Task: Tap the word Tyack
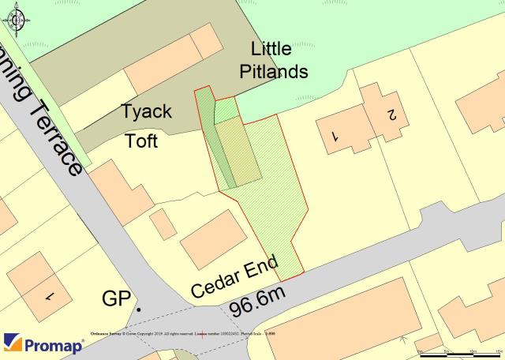[146, 111]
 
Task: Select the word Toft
[142, 141]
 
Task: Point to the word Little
[271, 47]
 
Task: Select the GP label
[116, 299]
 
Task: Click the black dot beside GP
[139, 309]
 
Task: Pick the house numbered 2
[389, 114]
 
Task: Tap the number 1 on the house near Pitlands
[335, 136]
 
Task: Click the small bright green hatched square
[225, 111]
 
